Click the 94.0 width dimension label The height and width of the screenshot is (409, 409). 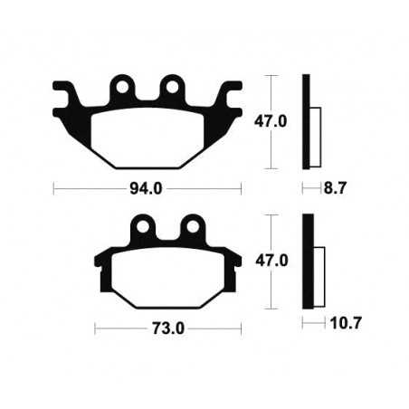(x=147, y=190)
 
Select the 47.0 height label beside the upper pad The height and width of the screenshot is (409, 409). (x=274, y=120)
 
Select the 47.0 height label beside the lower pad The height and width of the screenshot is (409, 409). (x=272, y=260)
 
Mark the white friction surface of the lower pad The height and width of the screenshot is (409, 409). (x=167, y=276)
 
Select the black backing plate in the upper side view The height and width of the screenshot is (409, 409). (x=306, y=120)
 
